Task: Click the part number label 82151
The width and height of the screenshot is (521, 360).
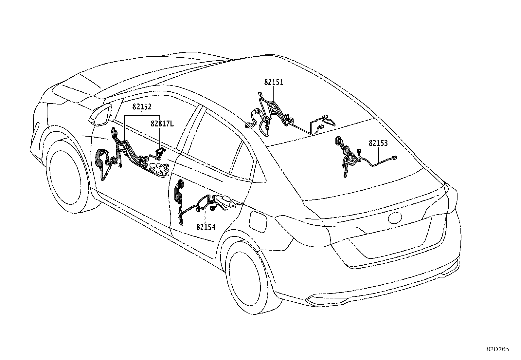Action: [x=274, y=82]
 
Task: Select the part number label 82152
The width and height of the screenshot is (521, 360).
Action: [x=142, y=107]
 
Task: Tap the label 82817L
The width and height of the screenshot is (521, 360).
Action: [x=162, y=124]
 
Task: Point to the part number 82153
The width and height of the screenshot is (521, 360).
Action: [x=378, y=143]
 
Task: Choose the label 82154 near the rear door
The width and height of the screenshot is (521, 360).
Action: [x=206, y=227]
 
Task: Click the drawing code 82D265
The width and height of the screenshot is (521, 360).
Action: [x=497, y=349]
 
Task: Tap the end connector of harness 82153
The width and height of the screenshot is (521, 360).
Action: [x=395, y=158]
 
